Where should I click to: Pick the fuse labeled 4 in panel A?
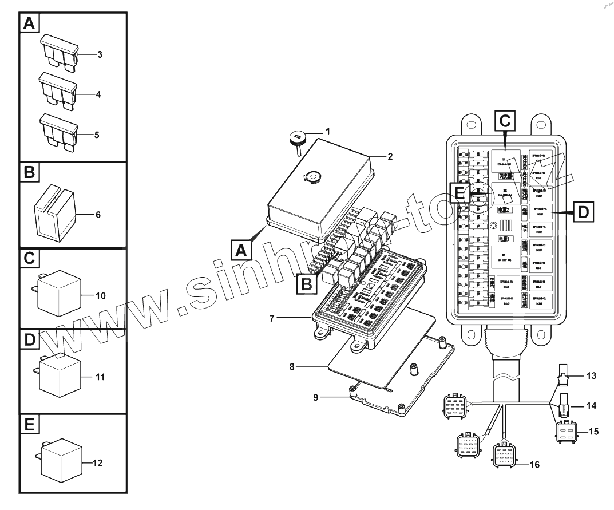(x=57, y=91)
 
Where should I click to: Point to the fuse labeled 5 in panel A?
(x=57, y=131)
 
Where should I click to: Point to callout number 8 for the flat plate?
(x=292, y=366)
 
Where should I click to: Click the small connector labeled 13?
(x=563, y=377)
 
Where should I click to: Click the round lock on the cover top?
(x=312, y=177)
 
